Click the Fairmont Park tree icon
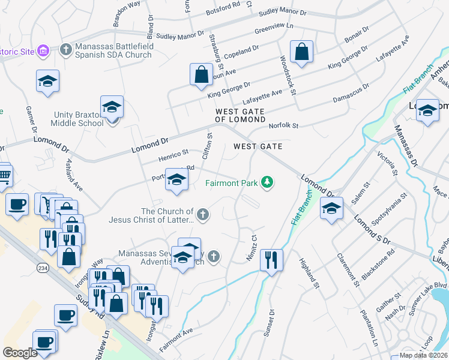click(x=267, y=182)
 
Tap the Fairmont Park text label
click(x=231, y=183)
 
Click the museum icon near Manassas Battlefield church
click(x=43, y=51)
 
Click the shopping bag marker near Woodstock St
click(x=301, y=53)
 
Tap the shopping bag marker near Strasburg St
click(x=202, y=75)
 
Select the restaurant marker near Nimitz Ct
click(x=271, y=260)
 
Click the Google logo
click(x=20, y=353)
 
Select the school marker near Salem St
click(x=331, y=208)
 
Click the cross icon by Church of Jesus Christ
click(x=203, y=214)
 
